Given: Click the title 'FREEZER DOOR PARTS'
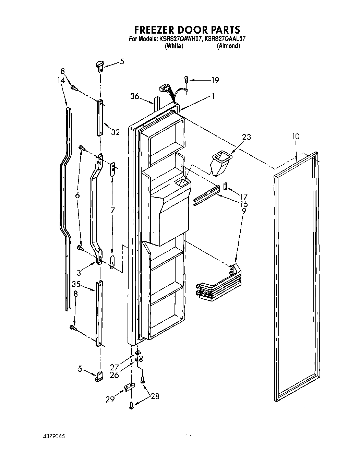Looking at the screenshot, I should pyautogui.click(x=187, y=29).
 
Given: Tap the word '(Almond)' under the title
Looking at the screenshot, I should pyautogui.click(x=228, y=46).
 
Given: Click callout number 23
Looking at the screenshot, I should pyautogui.click(x=246, y=137).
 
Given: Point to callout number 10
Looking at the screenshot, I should pyautogui.click(x=296, y=136).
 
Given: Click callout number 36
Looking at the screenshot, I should pyautogui.click(x=134, y=97).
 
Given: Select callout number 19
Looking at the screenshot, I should pyautogui.click(x=215, y=80).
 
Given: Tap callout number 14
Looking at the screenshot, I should pyautogui.click(x=61, y=80).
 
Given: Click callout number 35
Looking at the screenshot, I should pyautogui.click(x=76, y=284).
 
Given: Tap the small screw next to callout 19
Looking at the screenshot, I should pyautogui.click(x=187, y=80).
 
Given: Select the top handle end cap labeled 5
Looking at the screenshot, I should pyautogui.click(x=99, y=65).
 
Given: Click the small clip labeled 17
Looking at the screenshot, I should pyautogui.click(x=225, y=186).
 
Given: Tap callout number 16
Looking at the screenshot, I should pyautogui.click(x=244, y=204).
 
